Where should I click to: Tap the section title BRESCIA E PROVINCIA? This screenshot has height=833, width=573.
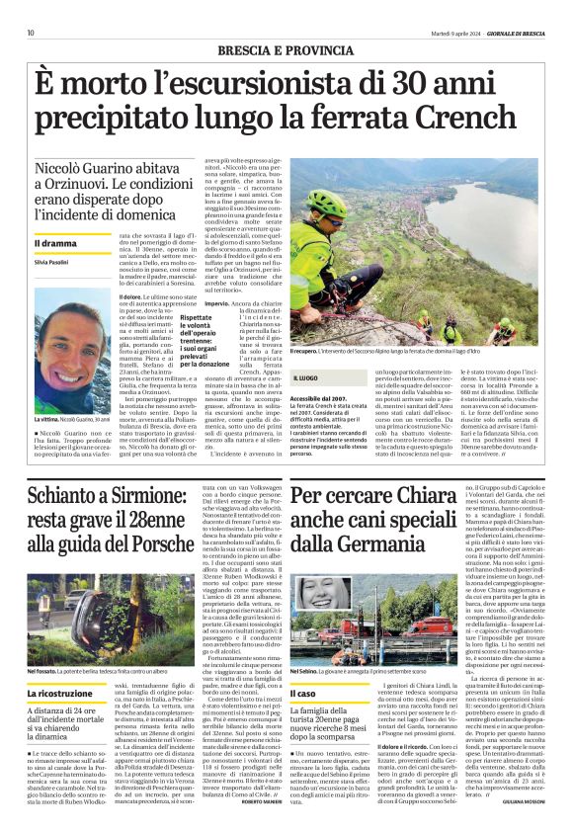tap(286, 49)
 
